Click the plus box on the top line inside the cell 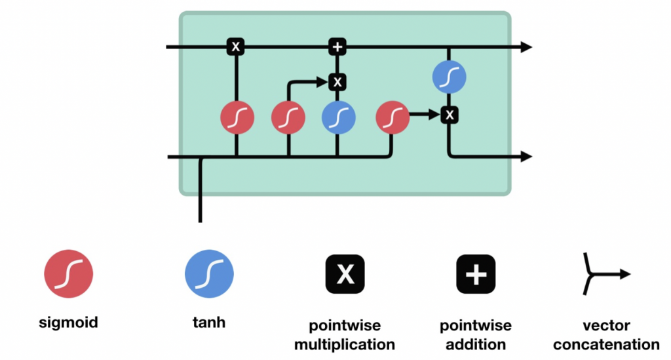[x=337, y=47]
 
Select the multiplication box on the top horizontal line [x=235, y=47]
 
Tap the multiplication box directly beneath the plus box [x=337, y=82]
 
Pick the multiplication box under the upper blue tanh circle [x=449, y=115]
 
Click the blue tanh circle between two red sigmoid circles [x=338, y=118]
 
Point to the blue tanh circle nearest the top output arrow [x=449, y=77]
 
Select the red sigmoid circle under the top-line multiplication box [x=237, y=118]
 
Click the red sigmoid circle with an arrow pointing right [x=393, y=118]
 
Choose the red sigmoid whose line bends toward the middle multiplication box [x=288, y=118]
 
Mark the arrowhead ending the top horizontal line [x=526, y=47]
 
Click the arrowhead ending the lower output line [x=526, y=156]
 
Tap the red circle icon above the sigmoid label [x=68, y=274]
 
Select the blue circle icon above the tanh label [x=209, y=274]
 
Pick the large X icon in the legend [x=345, y=274]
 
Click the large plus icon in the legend [x=476, y=274]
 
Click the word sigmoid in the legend [x=68, y=322]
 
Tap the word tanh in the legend [x=209, y=322]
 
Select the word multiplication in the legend [x=345, y=344]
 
